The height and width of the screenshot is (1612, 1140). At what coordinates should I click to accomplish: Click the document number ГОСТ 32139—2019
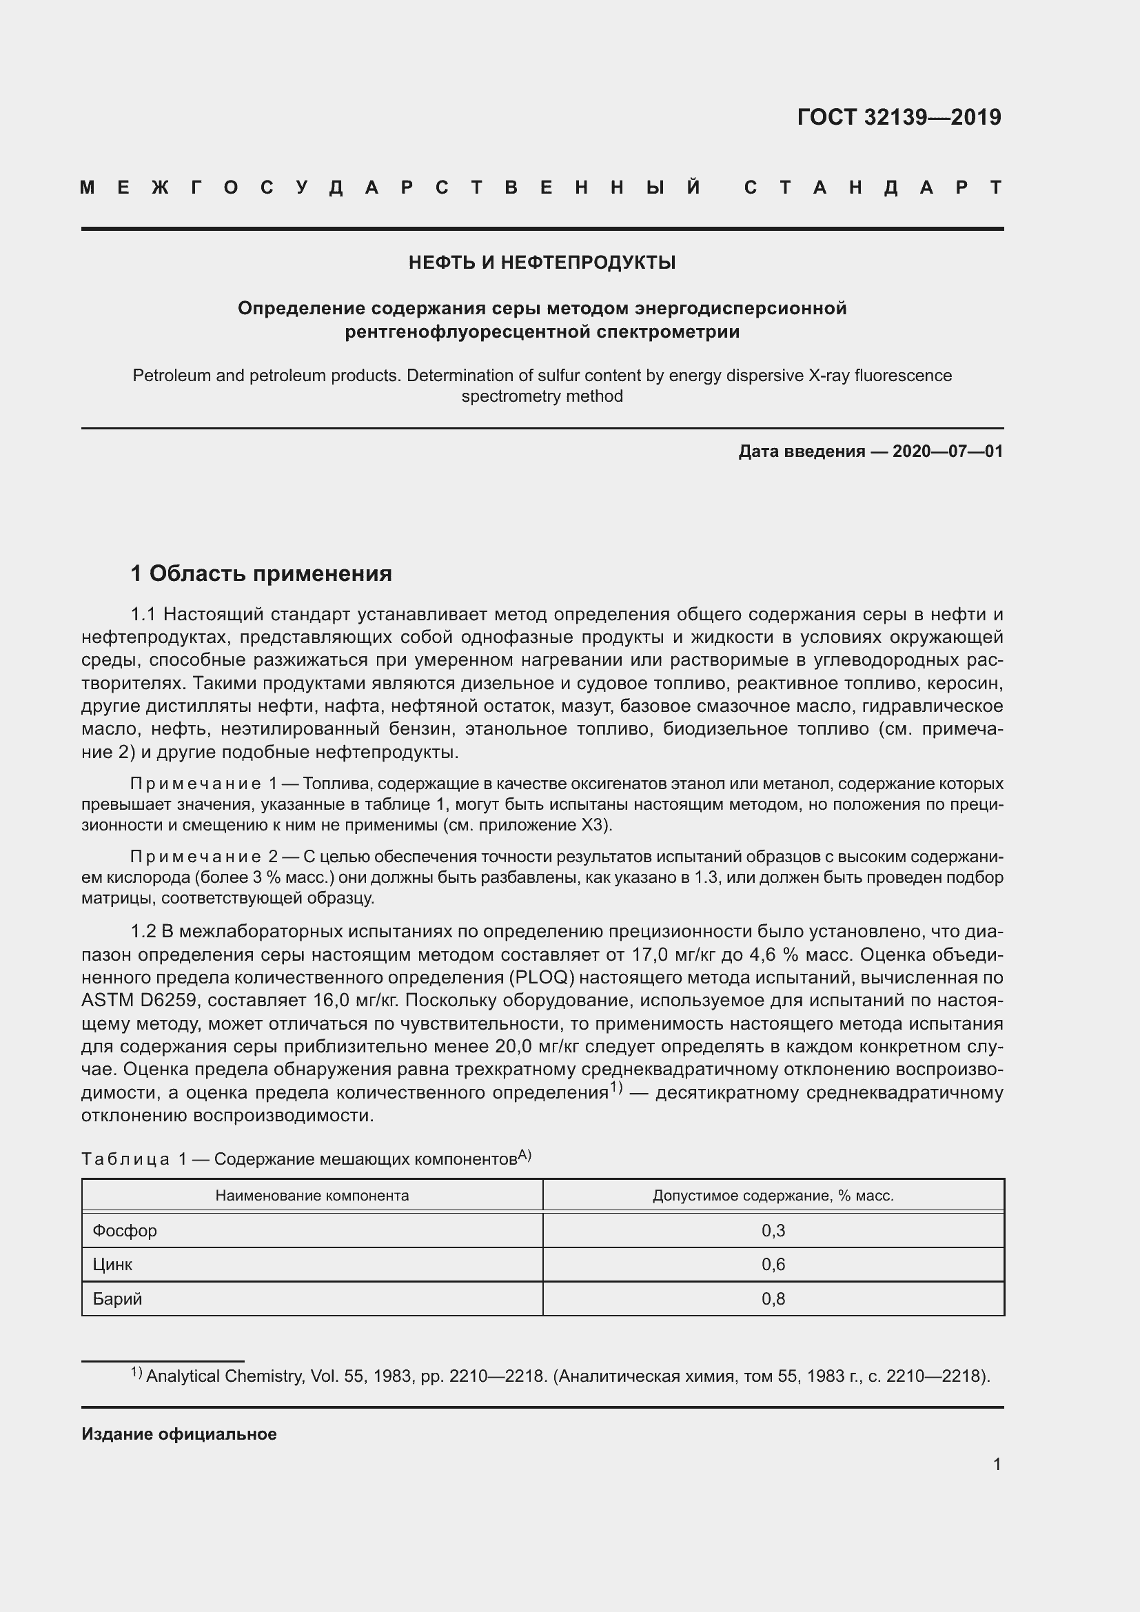tap(899, 117)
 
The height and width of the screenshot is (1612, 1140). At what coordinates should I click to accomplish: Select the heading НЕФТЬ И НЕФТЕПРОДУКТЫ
tap(542, 263)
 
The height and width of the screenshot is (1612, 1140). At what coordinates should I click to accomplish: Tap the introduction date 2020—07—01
tap(947, 451)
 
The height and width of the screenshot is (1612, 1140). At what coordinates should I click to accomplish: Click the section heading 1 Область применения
tap(261, 573)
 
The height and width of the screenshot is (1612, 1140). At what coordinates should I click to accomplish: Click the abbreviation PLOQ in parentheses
tap(543, 978)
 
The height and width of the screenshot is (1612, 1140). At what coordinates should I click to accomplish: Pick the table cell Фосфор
tap(125, 1231)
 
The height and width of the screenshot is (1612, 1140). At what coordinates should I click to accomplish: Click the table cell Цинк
tap(112, 1265)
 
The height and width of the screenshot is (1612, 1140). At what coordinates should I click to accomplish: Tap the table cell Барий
tap(117, 1299)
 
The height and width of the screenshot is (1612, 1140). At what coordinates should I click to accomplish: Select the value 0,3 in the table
tap(773, 1231)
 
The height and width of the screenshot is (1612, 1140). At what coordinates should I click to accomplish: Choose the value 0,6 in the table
tap(773, 1265)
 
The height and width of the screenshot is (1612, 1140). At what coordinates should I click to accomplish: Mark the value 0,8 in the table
tap(773, 1299)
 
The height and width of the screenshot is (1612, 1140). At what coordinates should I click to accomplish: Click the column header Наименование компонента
tap(312, 1196)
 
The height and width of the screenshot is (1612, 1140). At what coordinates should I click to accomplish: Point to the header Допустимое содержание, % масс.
tap(773, 1196)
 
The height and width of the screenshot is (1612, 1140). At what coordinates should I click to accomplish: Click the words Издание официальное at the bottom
tap(179, 1434)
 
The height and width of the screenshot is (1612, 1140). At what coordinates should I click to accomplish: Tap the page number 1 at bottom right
tap(997, 1465)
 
